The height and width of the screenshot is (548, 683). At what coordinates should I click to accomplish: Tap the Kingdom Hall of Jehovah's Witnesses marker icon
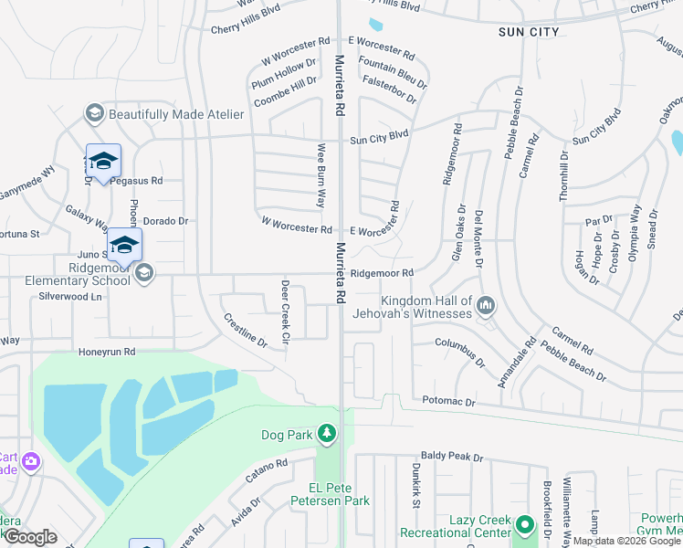coord(486,307)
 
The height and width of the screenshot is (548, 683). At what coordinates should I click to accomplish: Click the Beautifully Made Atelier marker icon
coord(93,113)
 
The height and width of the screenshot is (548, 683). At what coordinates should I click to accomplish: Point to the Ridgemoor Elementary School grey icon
coord(143,273)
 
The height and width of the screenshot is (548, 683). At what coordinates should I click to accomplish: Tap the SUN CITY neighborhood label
coord(529,32)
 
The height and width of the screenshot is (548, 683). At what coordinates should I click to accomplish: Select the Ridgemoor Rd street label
coord(383,273)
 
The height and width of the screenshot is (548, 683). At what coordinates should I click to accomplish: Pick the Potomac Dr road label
coord(449,401)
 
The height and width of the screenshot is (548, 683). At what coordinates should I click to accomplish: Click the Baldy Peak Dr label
coord(451,456)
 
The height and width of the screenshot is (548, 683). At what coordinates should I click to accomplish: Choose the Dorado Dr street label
coord(165,221)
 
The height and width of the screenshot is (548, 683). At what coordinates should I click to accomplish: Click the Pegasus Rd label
coord(137,181)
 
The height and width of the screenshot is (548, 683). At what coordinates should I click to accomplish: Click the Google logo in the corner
coord(30,538)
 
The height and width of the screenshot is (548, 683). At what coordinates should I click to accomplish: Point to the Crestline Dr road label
coord(245,331)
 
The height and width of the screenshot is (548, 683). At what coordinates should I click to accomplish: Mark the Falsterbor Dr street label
coord(388,90)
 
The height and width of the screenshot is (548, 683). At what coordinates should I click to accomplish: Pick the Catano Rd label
coord(266,472)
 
